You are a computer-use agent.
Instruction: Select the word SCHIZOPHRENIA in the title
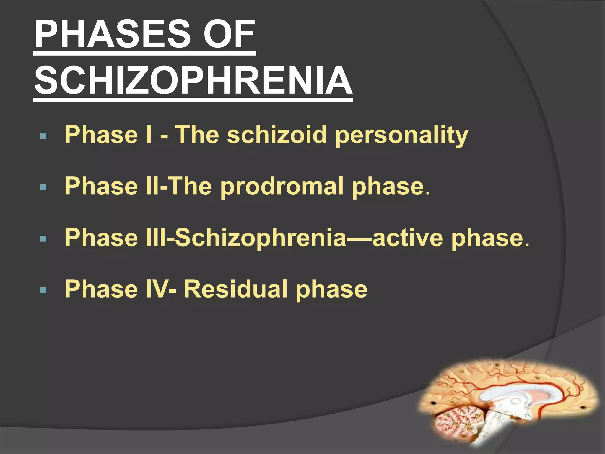[x=193, y=80]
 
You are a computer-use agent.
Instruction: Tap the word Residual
[x=236, y=289]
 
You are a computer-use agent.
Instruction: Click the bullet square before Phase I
[x=43, y=136]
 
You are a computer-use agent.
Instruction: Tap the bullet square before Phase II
[x=43, y=187]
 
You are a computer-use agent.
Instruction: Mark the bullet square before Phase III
[x=43, y=239]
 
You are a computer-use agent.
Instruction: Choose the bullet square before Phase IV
[x=43, y=290]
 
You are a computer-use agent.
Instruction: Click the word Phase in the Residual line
[x=101, y=289]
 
